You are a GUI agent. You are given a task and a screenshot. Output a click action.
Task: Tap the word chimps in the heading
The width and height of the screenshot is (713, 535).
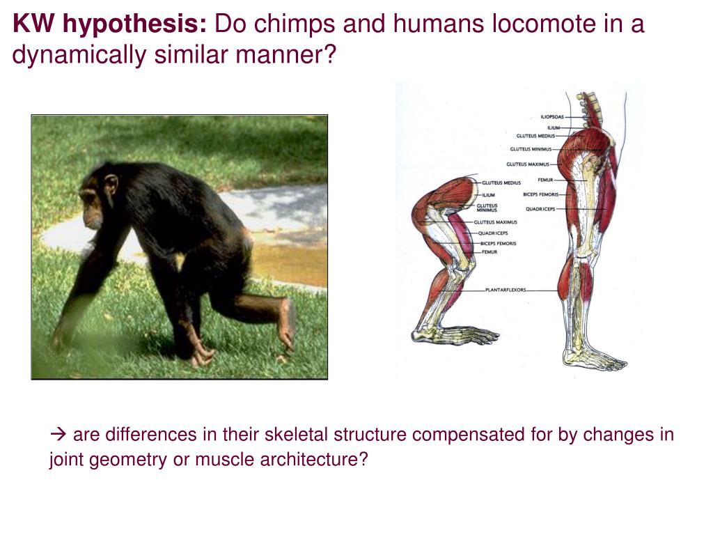click(x=285, y=25)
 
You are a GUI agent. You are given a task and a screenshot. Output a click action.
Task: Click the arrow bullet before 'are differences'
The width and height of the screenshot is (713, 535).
click(x=57, y=435)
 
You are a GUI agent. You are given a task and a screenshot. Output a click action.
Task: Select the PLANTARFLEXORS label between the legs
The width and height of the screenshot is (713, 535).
click(x=506, y=290)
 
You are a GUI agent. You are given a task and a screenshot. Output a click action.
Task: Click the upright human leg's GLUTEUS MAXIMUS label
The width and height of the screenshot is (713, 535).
click(x=527, y=164)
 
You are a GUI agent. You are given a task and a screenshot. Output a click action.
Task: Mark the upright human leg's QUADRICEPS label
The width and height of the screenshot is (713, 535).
click(x=540, y=209)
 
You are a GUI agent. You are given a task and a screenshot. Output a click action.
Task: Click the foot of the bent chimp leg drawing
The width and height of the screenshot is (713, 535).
click(x=453, y=335)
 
